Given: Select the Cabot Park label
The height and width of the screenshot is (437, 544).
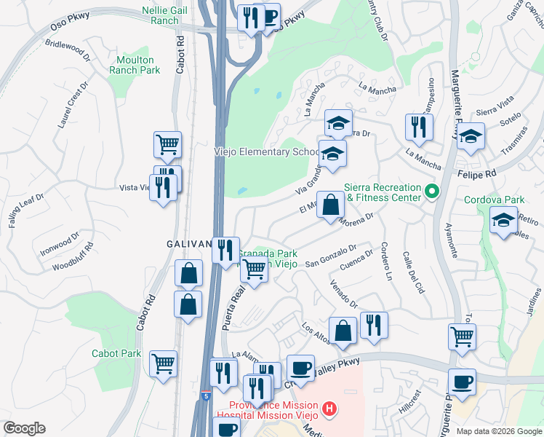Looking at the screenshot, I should (116, 353).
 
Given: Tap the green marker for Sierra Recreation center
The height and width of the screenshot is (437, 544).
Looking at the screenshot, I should (432, 192).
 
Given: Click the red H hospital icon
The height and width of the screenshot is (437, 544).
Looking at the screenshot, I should (330, 410).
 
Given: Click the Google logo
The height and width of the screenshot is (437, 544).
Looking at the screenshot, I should (24, 428).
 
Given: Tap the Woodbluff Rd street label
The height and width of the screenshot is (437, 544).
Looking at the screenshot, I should (73, 257).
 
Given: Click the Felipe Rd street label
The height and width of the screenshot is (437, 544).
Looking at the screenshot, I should (477, 175).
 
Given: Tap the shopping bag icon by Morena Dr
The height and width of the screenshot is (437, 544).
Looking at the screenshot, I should (330, 205).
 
